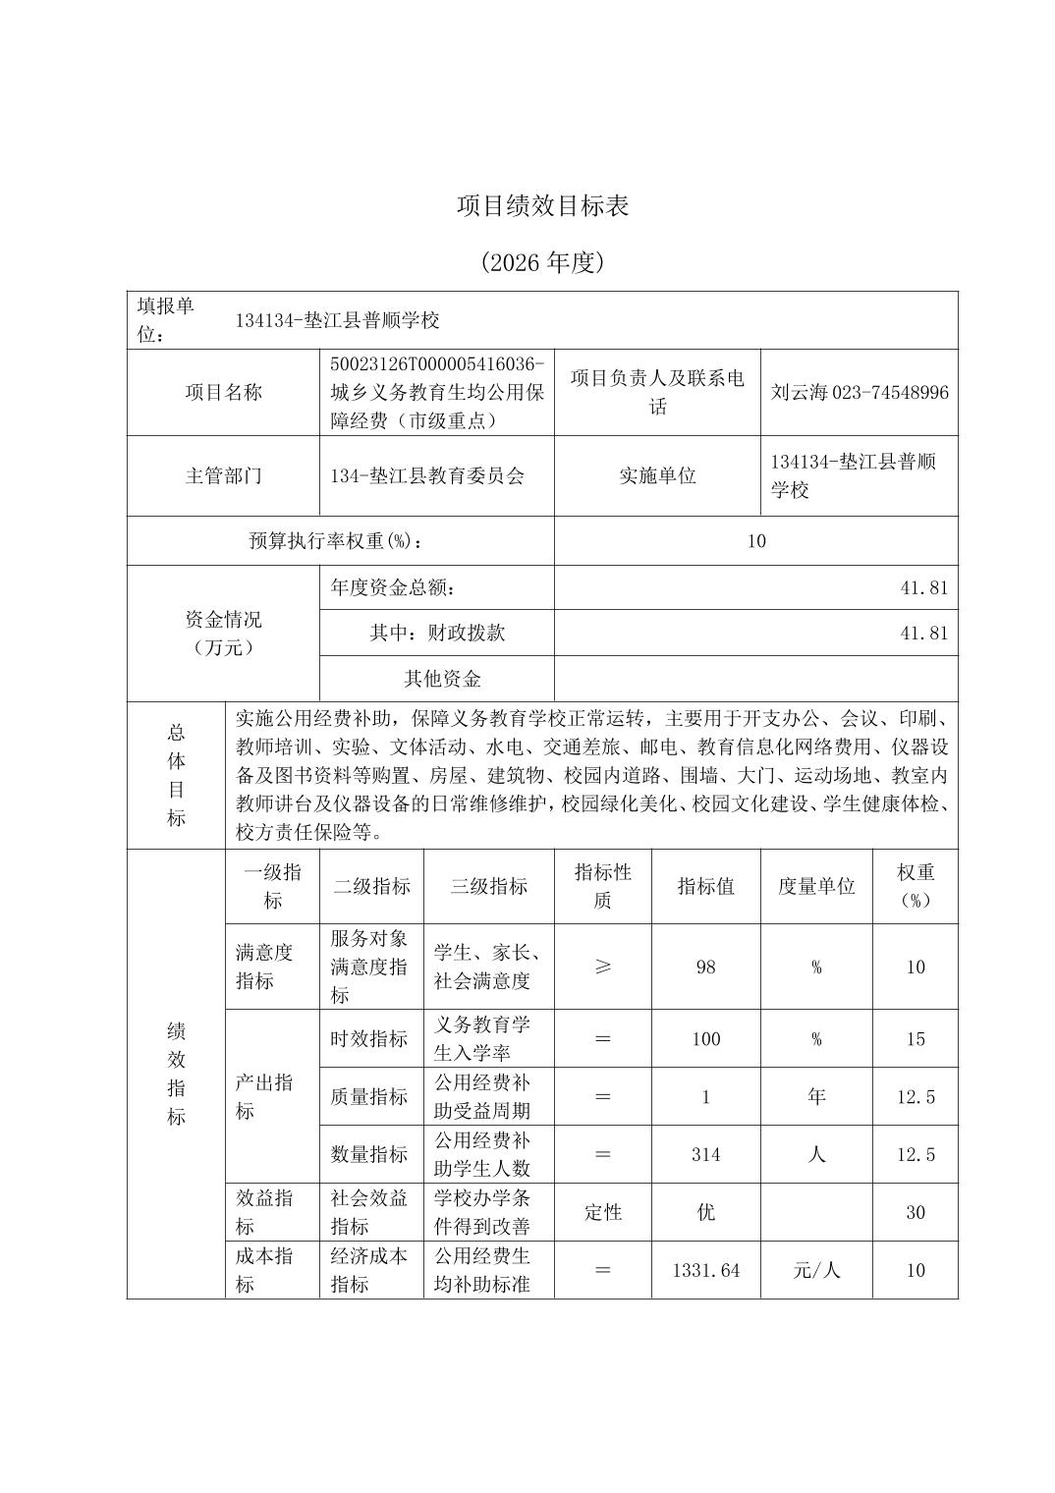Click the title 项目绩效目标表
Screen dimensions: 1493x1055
pos(542,205)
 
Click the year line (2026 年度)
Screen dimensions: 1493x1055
pos(542,262)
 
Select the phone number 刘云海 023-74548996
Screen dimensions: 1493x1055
pos(860,393)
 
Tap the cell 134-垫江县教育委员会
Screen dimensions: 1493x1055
pos(427,476)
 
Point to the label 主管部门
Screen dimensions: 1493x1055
pos(224,476)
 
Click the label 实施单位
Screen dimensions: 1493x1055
pos(657,476)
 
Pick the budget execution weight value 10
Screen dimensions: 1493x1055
pos(755,541)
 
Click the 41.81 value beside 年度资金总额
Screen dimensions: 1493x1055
pos(923,588)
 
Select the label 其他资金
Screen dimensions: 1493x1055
pos(442,679)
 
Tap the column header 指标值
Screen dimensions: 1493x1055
pos(705,886)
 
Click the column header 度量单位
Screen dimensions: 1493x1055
pos(816,886)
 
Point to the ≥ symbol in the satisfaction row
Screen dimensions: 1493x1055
pos(603,967)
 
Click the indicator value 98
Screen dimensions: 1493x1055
pos(705,967)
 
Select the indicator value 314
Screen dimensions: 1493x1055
pos(705,1154)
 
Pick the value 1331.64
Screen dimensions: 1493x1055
pos(705,1270)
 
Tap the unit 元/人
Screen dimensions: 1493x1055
pos(816,1270)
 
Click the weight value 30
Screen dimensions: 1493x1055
pos(915,1212)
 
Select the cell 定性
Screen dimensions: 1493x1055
pos(603,1212)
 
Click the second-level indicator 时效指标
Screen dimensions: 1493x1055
pos(369,1039)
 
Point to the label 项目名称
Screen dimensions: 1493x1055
pos(224,393)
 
